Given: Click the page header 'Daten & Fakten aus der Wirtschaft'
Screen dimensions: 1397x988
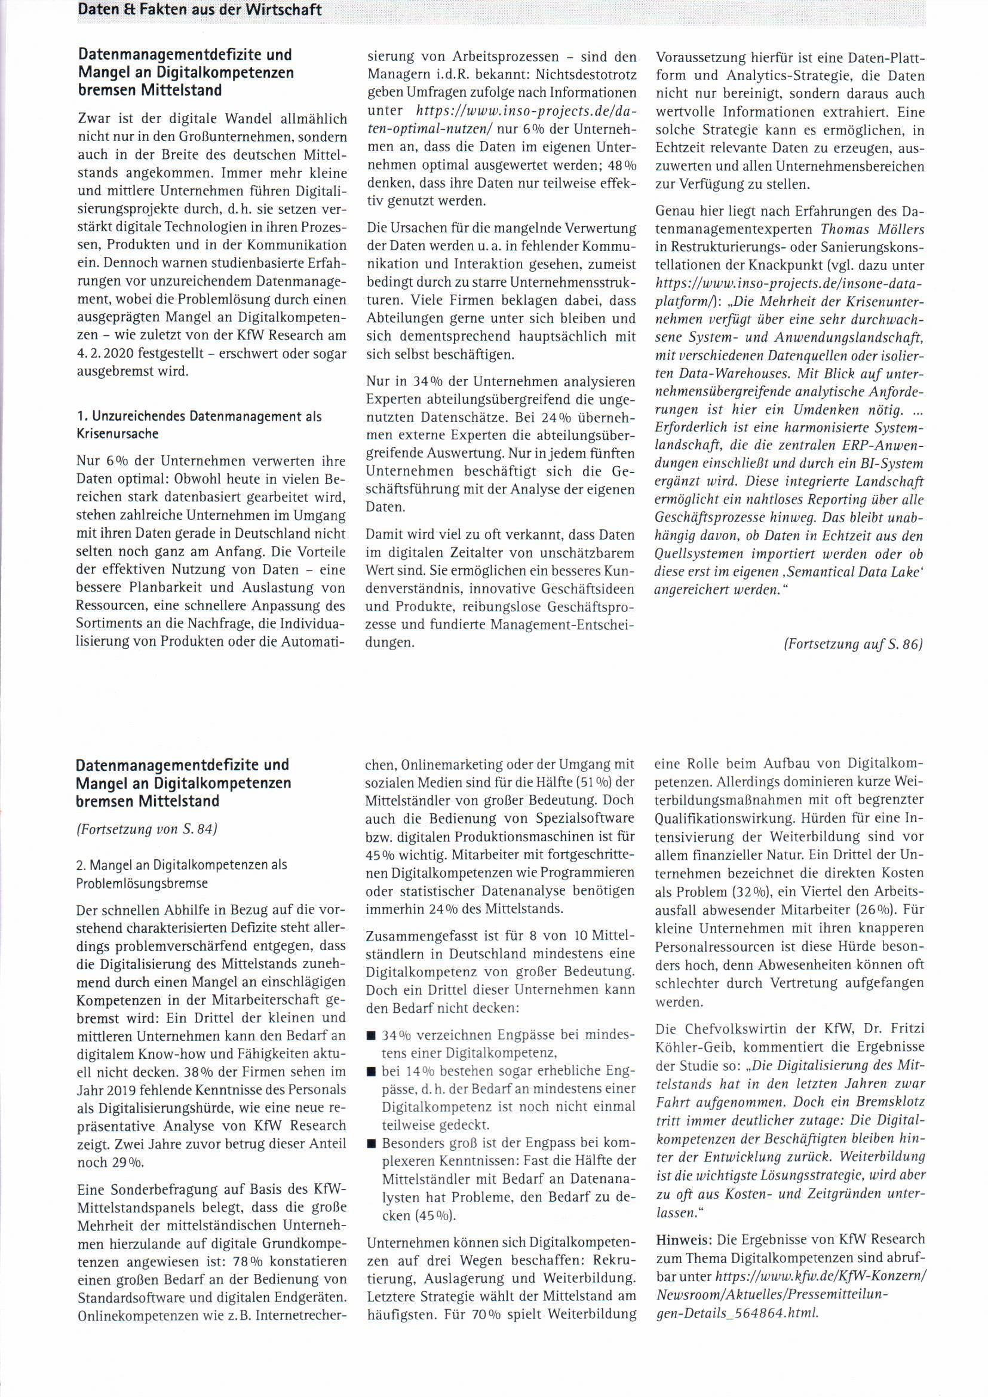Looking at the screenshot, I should click(x=200, y=10).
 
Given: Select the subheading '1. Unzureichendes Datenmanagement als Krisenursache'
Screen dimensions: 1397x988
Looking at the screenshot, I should click(x=199, y=425).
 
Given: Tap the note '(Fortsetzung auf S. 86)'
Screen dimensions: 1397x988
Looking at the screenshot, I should click(x=854, y=644).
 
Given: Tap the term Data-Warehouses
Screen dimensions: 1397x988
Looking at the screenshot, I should click(x=705, y=373).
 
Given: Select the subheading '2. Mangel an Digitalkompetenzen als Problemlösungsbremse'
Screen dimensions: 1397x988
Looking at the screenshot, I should click(x=182, y=874).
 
